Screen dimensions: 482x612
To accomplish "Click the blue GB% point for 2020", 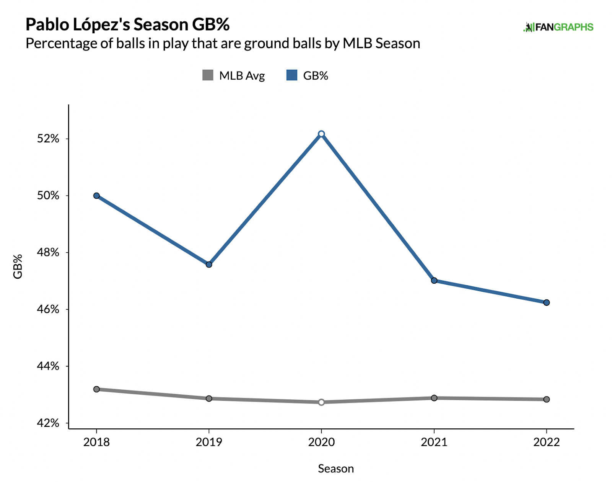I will (x=321, y=134).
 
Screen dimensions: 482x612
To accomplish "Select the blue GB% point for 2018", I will (x=96, y=196).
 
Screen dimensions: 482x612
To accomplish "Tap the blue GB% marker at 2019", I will (x=209, y=265).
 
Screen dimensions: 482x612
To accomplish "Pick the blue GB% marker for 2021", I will (x=434, y=280).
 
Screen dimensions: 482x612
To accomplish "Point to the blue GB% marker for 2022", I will (x=547, y=302).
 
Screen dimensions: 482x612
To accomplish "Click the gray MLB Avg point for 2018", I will (x=96, y=389).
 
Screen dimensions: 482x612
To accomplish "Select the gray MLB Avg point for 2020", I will (x=321, y=402).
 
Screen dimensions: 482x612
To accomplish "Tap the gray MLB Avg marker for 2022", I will (x=547, y=399).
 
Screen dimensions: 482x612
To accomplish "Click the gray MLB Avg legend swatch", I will (x=208, y=75).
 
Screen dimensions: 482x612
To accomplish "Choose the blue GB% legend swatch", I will (x=292, y=75).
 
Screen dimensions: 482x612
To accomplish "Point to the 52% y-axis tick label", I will (x=48, y=139).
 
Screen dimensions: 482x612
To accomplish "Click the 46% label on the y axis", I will (x=48, y=309).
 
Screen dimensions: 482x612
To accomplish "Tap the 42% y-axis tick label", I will (x=48, y=423).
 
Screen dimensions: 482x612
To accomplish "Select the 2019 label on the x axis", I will (x=209, y=442).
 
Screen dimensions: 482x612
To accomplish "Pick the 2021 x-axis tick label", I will (x=434, y=442).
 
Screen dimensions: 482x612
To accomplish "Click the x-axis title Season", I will (x=336, y=469).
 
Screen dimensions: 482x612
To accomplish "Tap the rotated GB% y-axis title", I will (x=18, y=266).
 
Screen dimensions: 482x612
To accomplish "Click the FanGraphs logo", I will (x=558, y=27).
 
